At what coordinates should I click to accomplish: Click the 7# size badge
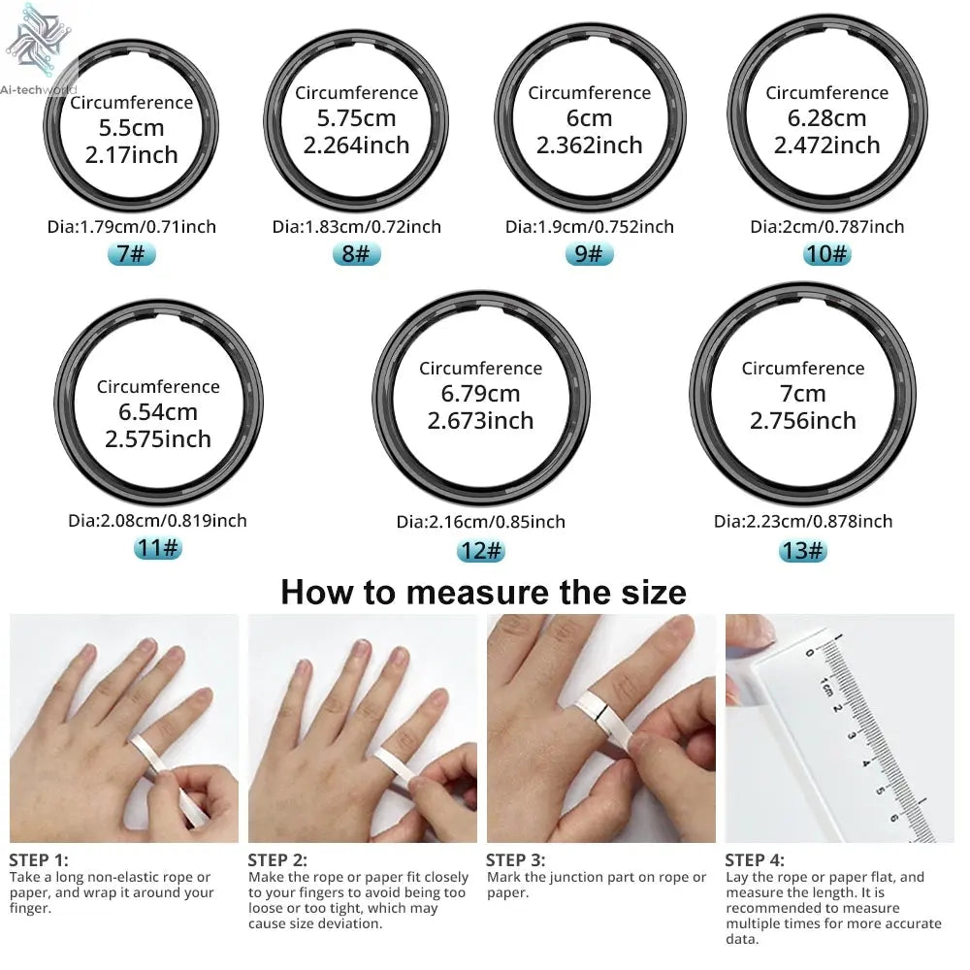[x=131, y=255]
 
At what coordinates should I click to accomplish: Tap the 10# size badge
[x=826, y=254]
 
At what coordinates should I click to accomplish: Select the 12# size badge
[x=480, y=550]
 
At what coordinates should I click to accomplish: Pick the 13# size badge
[x=802, y=550]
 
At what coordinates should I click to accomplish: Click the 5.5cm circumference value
[x=131, y=128]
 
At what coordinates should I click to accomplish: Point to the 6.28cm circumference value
[x=826, y=118]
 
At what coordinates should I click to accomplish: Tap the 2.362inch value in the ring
[x=589, y=145]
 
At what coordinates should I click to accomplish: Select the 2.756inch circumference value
[x=802, y=421]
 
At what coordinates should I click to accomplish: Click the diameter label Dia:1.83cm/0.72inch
[x=356, y=227]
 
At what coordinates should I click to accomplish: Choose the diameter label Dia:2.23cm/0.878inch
[x=802, y=522]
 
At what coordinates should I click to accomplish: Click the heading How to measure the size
[x=483, y=592]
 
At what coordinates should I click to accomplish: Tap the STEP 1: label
[x=39, y=859]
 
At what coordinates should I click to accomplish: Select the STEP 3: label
[x=515, y=859]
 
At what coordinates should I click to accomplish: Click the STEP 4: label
[x=755, y=859]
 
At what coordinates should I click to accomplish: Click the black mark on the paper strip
[x=603, y=719]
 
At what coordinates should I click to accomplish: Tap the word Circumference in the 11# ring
[x=158, y=387]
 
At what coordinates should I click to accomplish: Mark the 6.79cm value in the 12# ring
[x=480, y=394]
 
